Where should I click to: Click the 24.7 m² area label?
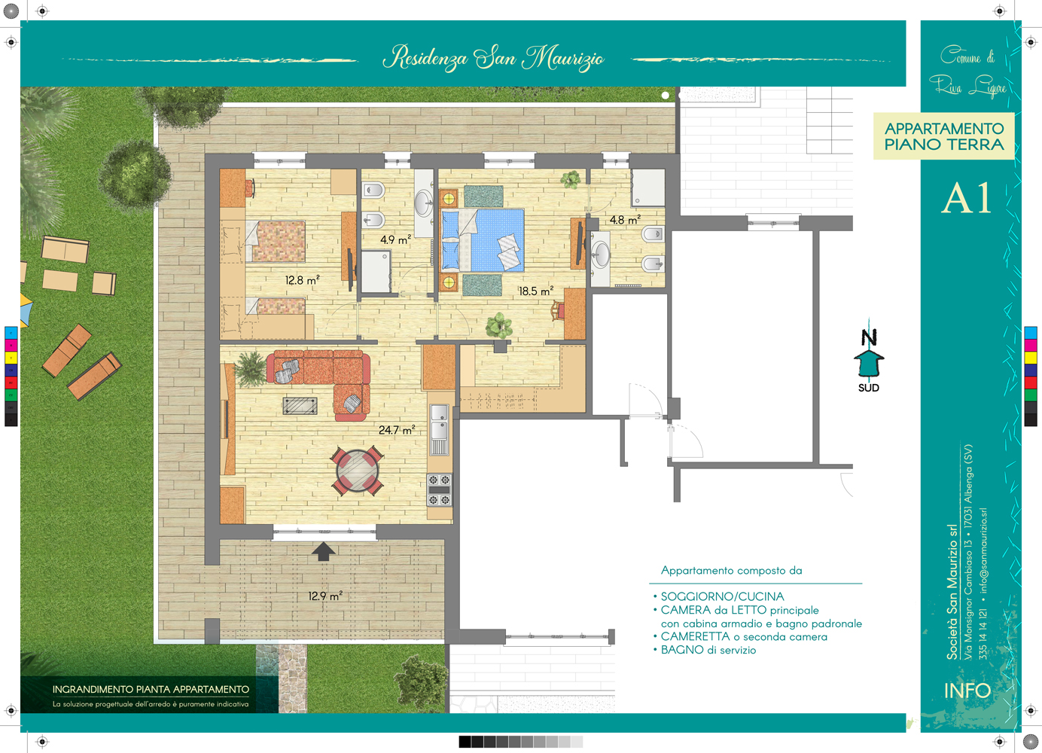(396, 429)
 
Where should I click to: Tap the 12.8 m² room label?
(303, 279)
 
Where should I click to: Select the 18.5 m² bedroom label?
(536, 291)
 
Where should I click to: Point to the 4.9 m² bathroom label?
(395, 239)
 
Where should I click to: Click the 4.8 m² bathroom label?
(625, 219)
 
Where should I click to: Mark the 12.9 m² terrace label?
(325, 596)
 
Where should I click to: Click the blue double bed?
(483, 240)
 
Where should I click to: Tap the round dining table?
(358, 471)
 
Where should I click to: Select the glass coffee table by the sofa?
(300, 406)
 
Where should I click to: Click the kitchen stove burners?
(439, 490)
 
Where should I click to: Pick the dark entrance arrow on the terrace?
(323, 551)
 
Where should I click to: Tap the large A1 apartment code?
(967, 198)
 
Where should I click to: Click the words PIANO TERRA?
(944, 145)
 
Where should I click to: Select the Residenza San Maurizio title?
(494, 58)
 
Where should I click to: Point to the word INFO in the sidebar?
(967, 691)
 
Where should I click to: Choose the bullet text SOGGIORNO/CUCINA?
(723, 596)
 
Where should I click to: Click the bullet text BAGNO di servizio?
(708, 650)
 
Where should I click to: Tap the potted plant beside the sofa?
(251, 368)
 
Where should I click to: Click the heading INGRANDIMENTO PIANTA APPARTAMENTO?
(151, 689)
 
